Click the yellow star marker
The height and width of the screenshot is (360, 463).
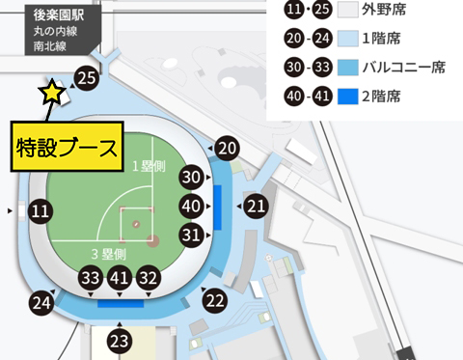(50, 93)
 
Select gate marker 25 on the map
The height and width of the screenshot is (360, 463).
(87, 78)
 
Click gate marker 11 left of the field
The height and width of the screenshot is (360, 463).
(41, 209)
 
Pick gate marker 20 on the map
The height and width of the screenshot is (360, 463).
(227, 148)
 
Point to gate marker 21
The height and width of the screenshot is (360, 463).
(256, 206)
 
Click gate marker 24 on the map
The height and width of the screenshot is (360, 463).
(41, 302)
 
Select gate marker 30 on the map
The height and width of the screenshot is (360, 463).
(192, 178)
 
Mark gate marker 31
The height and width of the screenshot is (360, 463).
(192, 235)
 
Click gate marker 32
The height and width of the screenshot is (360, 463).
(148, 277)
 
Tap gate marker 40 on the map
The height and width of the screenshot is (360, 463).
(192, 206)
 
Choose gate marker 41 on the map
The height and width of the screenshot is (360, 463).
(120, 277)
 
